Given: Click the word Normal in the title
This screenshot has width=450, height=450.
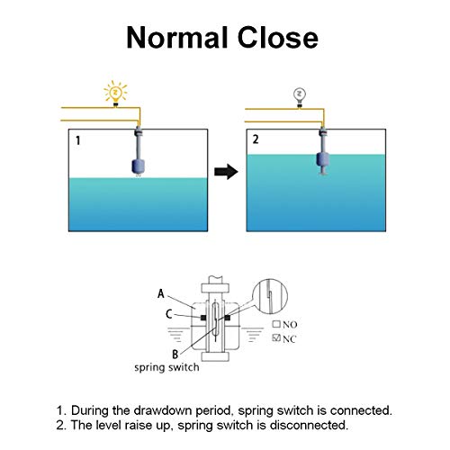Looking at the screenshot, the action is coord(176,38).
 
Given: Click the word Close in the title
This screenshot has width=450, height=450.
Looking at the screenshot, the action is coord(277,38).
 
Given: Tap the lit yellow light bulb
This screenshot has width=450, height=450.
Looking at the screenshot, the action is coord(115,93).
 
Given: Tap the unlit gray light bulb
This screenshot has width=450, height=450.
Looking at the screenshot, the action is coord(299,96).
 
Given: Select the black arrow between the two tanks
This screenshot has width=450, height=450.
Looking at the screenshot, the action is coord(226,172).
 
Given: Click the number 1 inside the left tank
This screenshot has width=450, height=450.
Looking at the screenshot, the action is coord(78,140).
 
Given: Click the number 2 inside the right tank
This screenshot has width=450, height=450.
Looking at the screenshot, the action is coord(256,139).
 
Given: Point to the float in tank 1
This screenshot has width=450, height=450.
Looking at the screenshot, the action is coord(138,166).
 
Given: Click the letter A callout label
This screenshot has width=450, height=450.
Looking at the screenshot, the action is coord(161,293).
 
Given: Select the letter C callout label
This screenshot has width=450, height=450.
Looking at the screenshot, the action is coord(169,314).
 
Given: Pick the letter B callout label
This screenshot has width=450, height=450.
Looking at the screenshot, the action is coord(175,355).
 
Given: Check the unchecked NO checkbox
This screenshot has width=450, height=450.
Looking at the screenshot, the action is coord(276,324).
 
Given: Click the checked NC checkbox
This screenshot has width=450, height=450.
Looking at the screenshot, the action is coord(276,337).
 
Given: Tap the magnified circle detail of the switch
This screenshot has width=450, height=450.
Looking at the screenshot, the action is coord(269,296).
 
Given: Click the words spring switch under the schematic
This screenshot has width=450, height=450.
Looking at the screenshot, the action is coord(166,367).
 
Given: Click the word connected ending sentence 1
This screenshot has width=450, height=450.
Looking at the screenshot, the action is coord(361,410).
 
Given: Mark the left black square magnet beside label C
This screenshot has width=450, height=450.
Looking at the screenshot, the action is coord(203,318).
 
